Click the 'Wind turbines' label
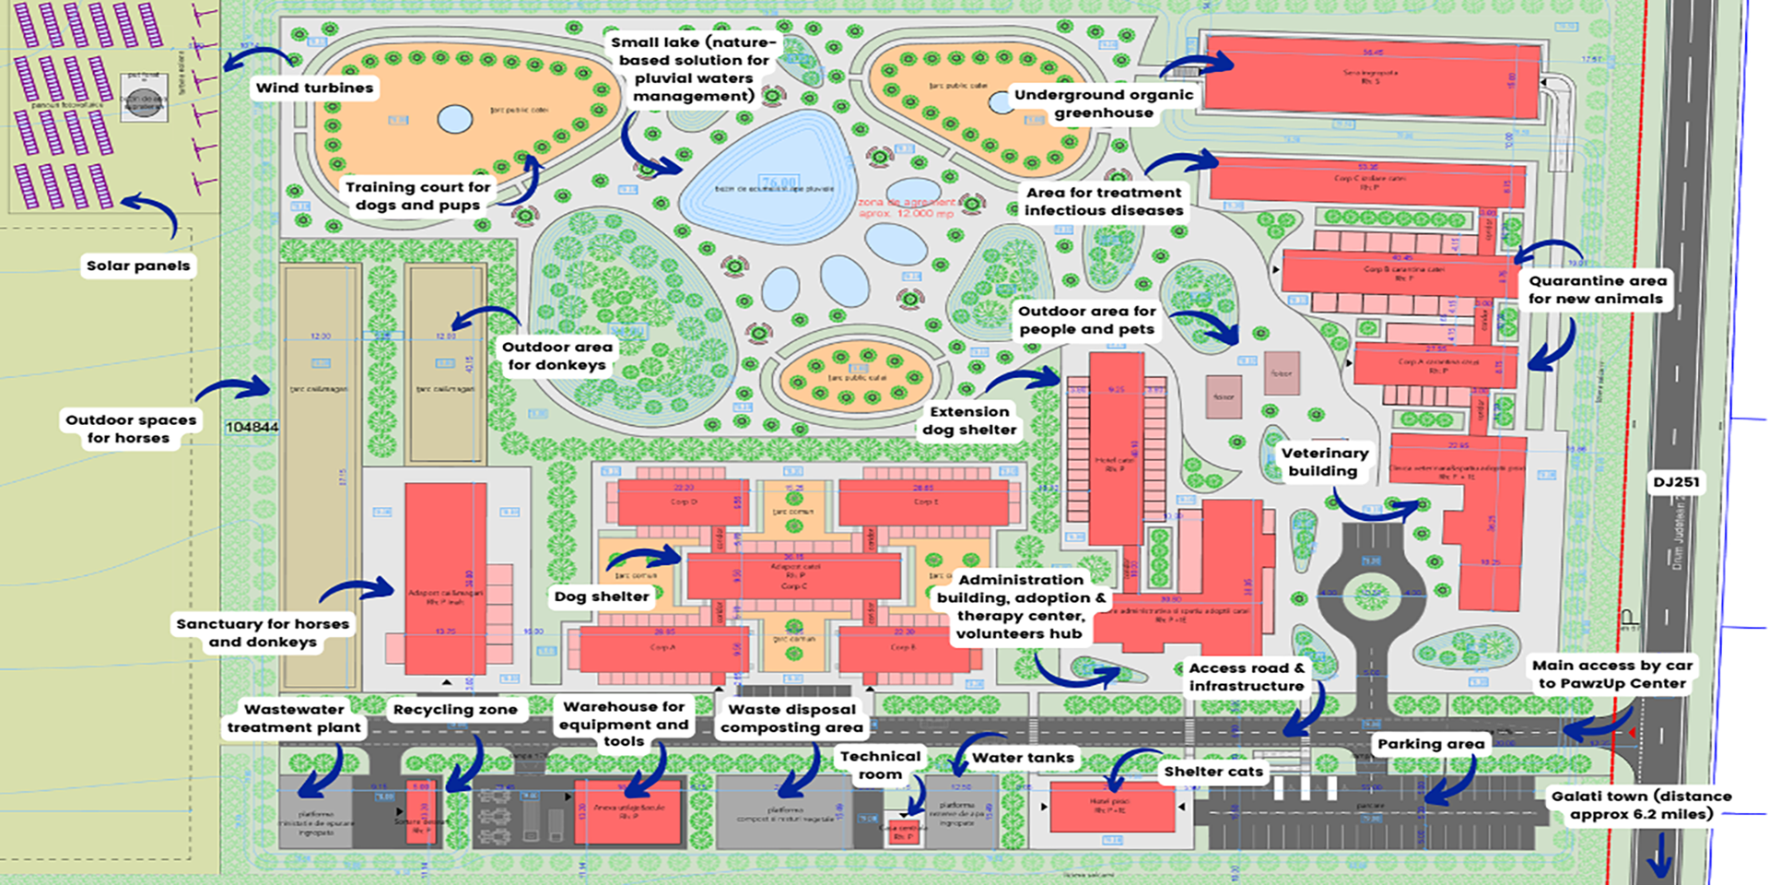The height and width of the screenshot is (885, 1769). tap(314, 88)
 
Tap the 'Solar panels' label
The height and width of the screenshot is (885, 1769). tap(138, 266)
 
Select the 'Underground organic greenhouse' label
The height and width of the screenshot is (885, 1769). tap(1104, 104)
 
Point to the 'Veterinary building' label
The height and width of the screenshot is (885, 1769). tap(1324, 462)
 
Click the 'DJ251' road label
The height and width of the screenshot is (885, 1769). tap(1676, 482)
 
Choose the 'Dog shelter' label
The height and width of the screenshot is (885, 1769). tap(602, 596)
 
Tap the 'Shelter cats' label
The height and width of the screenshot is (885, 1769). tap(1213, 772)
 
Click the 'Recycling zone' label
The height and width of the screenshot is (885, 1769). tap(455, 710)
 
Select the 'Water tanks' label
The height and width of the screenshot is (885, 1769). tap(1023, 758)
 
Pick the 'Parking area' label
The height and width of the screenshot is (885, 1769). tap(1431, 744)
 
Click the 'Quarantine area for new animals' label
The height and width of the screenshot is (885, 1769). tap(1597, 289)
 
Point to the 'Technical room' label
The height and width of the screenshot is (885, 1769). tap(880, 765)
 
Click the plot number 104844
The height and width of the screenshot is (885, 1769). tap(252, 427)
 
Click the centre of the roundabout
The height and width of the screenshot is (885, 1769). tap(1372, 593)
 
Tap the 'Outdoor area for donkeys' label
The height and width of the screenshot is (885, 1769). tap(556, 356)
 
